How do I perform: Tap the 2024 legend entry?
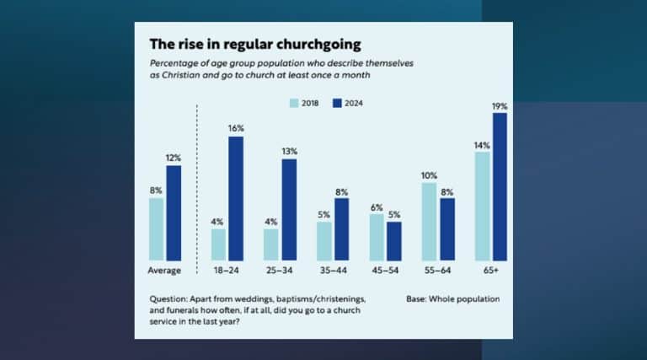pos(353,103)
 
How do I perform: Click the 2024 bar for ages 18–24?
pos(236,198)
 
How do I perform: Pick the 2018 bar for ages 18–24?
pos(218,244)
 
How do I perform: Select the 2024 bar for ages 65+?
pos(500,186)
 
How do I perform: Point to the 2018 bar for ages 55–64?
pos(430,222)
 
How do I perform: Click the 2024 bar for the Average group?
pos(174,212)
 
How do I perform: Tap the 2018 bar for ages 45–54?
pos(377,237)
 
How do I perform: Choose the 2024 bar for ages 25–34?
pos(289,209)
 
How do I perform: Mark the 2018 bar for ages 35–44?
pos(324,241)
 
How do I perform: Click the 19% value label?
pos(500,106)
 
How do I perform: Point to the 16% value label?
pos(236,128)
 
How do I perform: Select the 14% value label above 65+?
pos(481,145)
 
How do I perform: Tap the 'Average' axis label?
pos(165,271)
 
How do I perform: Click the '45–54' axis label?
pos(385,271)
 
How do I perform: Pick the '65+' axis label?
pos(490,271)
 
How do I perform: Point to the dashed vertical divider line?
pos(196,185)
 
